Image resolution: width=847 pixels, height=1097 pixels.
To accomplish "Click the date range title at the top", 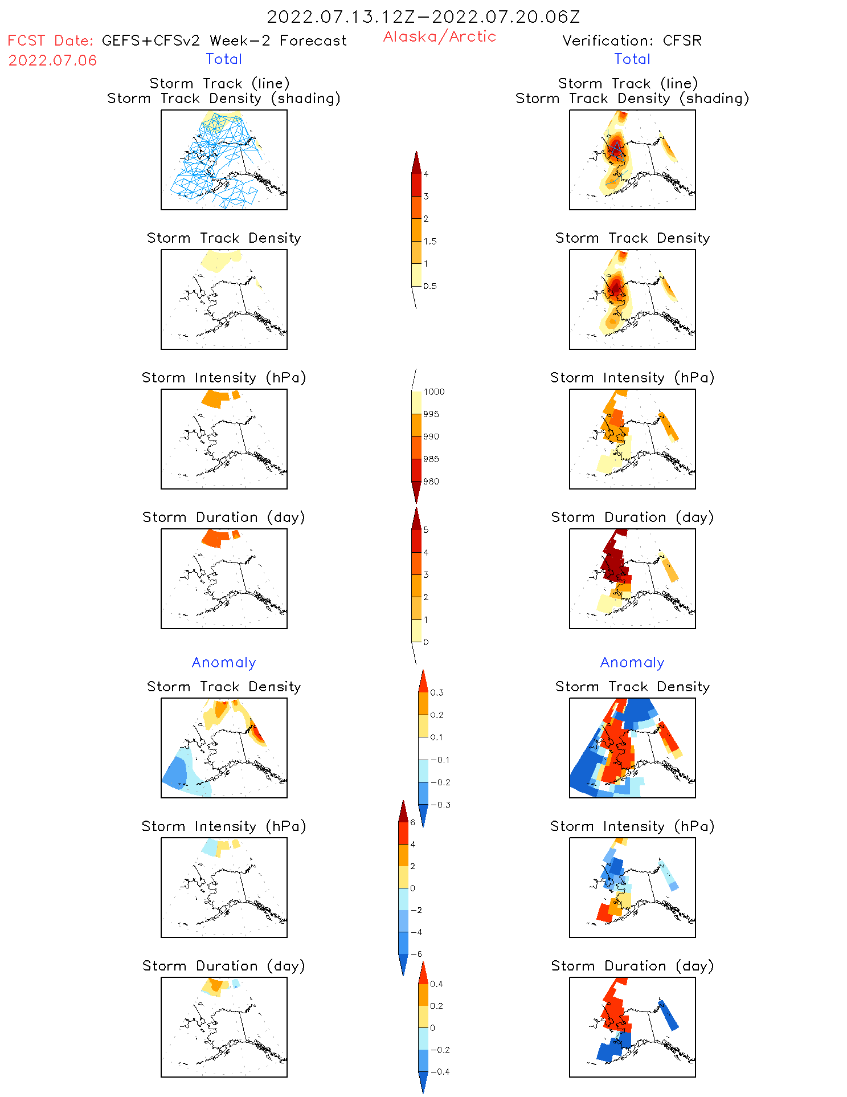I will [x=423, y=17].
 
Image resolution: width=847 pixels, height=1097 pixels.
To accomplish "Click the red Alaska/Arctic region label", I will [x=439, y=36].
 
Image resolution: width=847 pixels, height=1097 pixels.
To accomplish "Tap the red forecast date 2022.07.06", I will [x=52, y=60].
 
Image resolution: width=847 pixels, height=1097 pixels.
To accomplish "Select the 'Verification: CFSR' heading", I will [x=632, y=40].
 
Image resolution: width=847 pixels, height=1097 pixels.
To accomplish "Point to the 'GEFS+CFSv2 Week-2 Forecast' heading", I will [x=224, y=40].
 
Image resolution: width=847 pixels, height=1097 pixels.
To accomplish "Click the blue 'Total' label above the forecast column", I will [x=224, y=59].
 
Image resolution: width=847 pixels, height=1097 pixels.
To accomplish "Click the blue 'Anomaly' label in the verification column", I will [x=632, y=662].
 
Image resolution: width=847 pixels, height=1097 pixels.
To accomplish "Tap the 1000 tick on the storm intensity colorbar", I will [x=433, y=392].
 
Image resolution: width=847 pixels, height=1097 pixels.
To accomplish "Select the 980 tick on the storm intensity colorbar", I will [x=431, y=482].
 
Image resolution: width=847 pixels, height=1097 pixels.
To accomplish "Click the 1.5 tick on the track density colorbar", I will [x=430, y=241].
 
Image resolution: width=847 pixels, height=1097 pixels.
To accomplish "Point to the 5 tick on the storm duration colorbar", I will [x=426, y=530].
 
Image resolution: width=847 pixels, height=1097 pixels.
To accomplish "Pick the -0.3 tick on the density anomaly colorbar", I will [x=440, y=805].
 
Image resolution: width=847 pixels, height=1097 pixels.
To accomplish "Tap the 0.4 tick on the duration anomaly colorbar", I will [x=436, y=984].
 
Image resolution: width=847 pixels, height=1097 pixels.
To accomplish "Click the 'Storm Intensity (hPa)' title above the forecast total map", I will [x=224, y=378].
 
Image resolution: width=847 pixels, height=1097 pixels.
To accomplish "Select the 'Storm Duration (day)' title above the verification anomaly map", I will [x=632, y=966].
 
